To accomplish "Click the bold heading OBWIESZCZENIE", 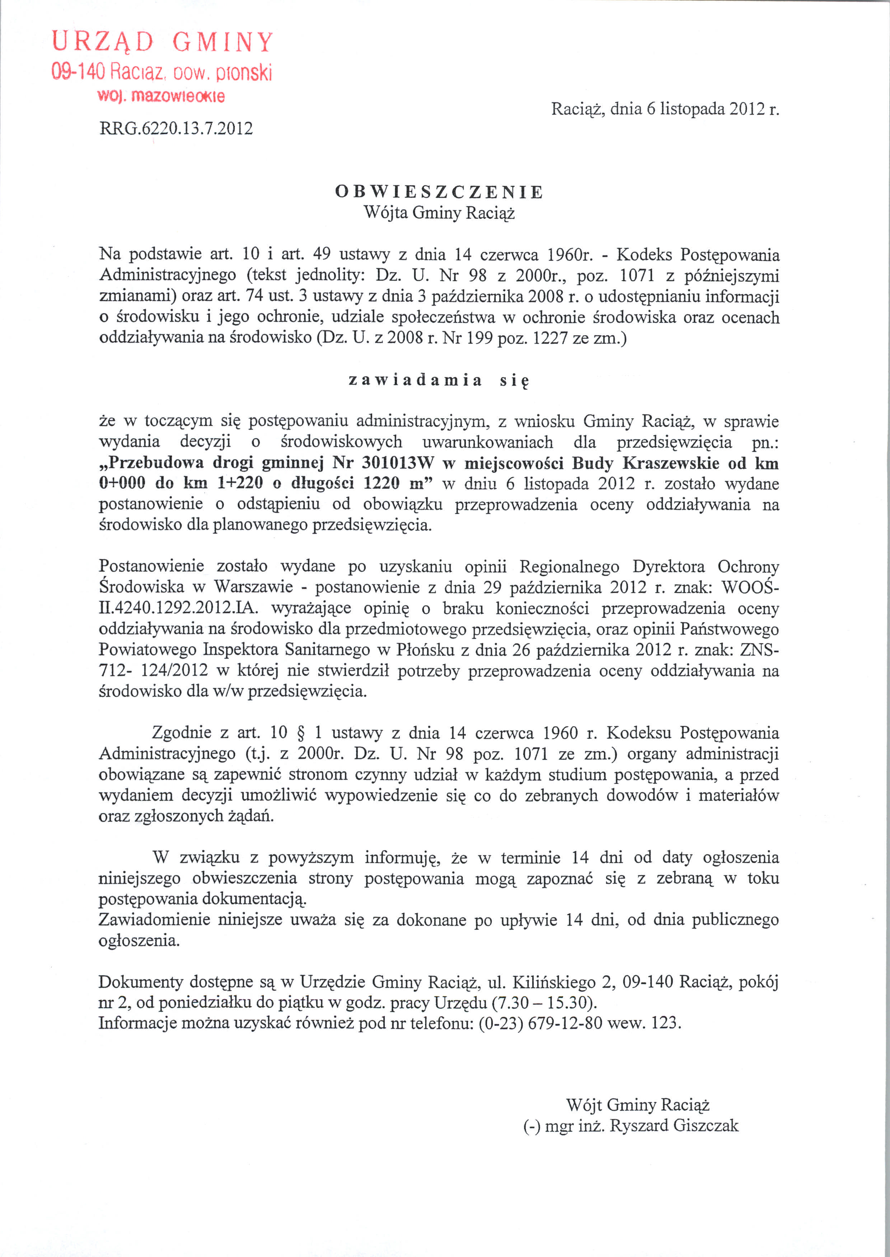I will click(x=439, y=192).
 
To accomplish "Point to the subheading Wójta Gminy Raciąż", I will click(x=439, y=212).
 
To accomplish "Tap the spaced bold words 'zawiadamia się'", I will click(x=439, y=380).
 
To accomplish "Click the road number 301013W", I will click(x=398, y=463).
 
